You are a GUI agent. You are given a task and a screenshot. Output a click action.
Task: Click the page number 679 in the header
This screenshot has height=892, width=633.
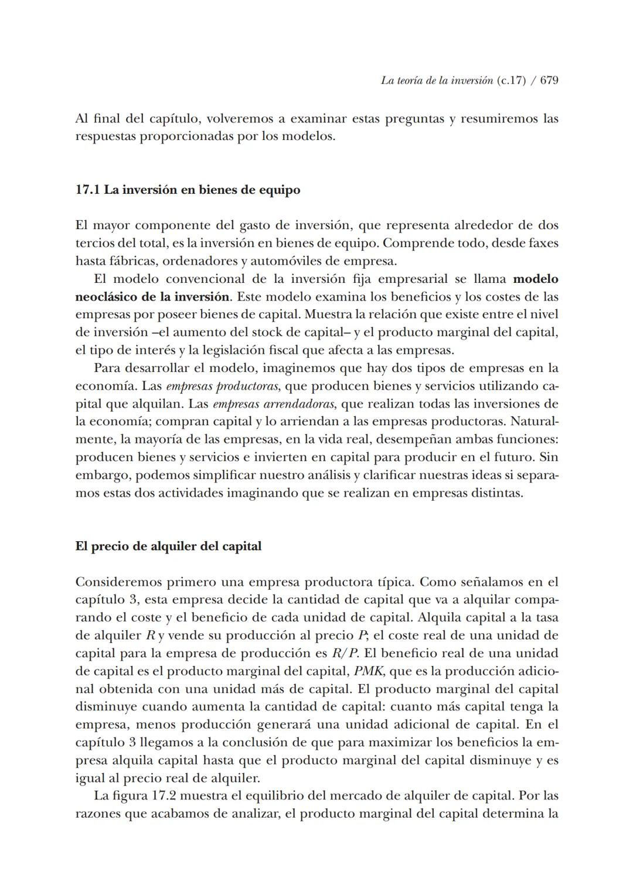[x=549, y=81]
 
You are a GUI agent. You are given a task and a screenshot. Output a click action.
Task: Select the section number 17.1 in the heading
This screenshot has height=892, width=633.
[x=87, y=190]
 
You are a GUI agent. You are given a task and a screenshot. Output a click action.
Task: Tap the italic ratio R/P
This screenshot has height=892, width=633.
[x=345, y=653]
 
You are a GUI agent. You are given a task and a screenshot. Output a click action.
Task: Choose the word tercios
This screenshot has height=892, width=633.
[x=95, y=242]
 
